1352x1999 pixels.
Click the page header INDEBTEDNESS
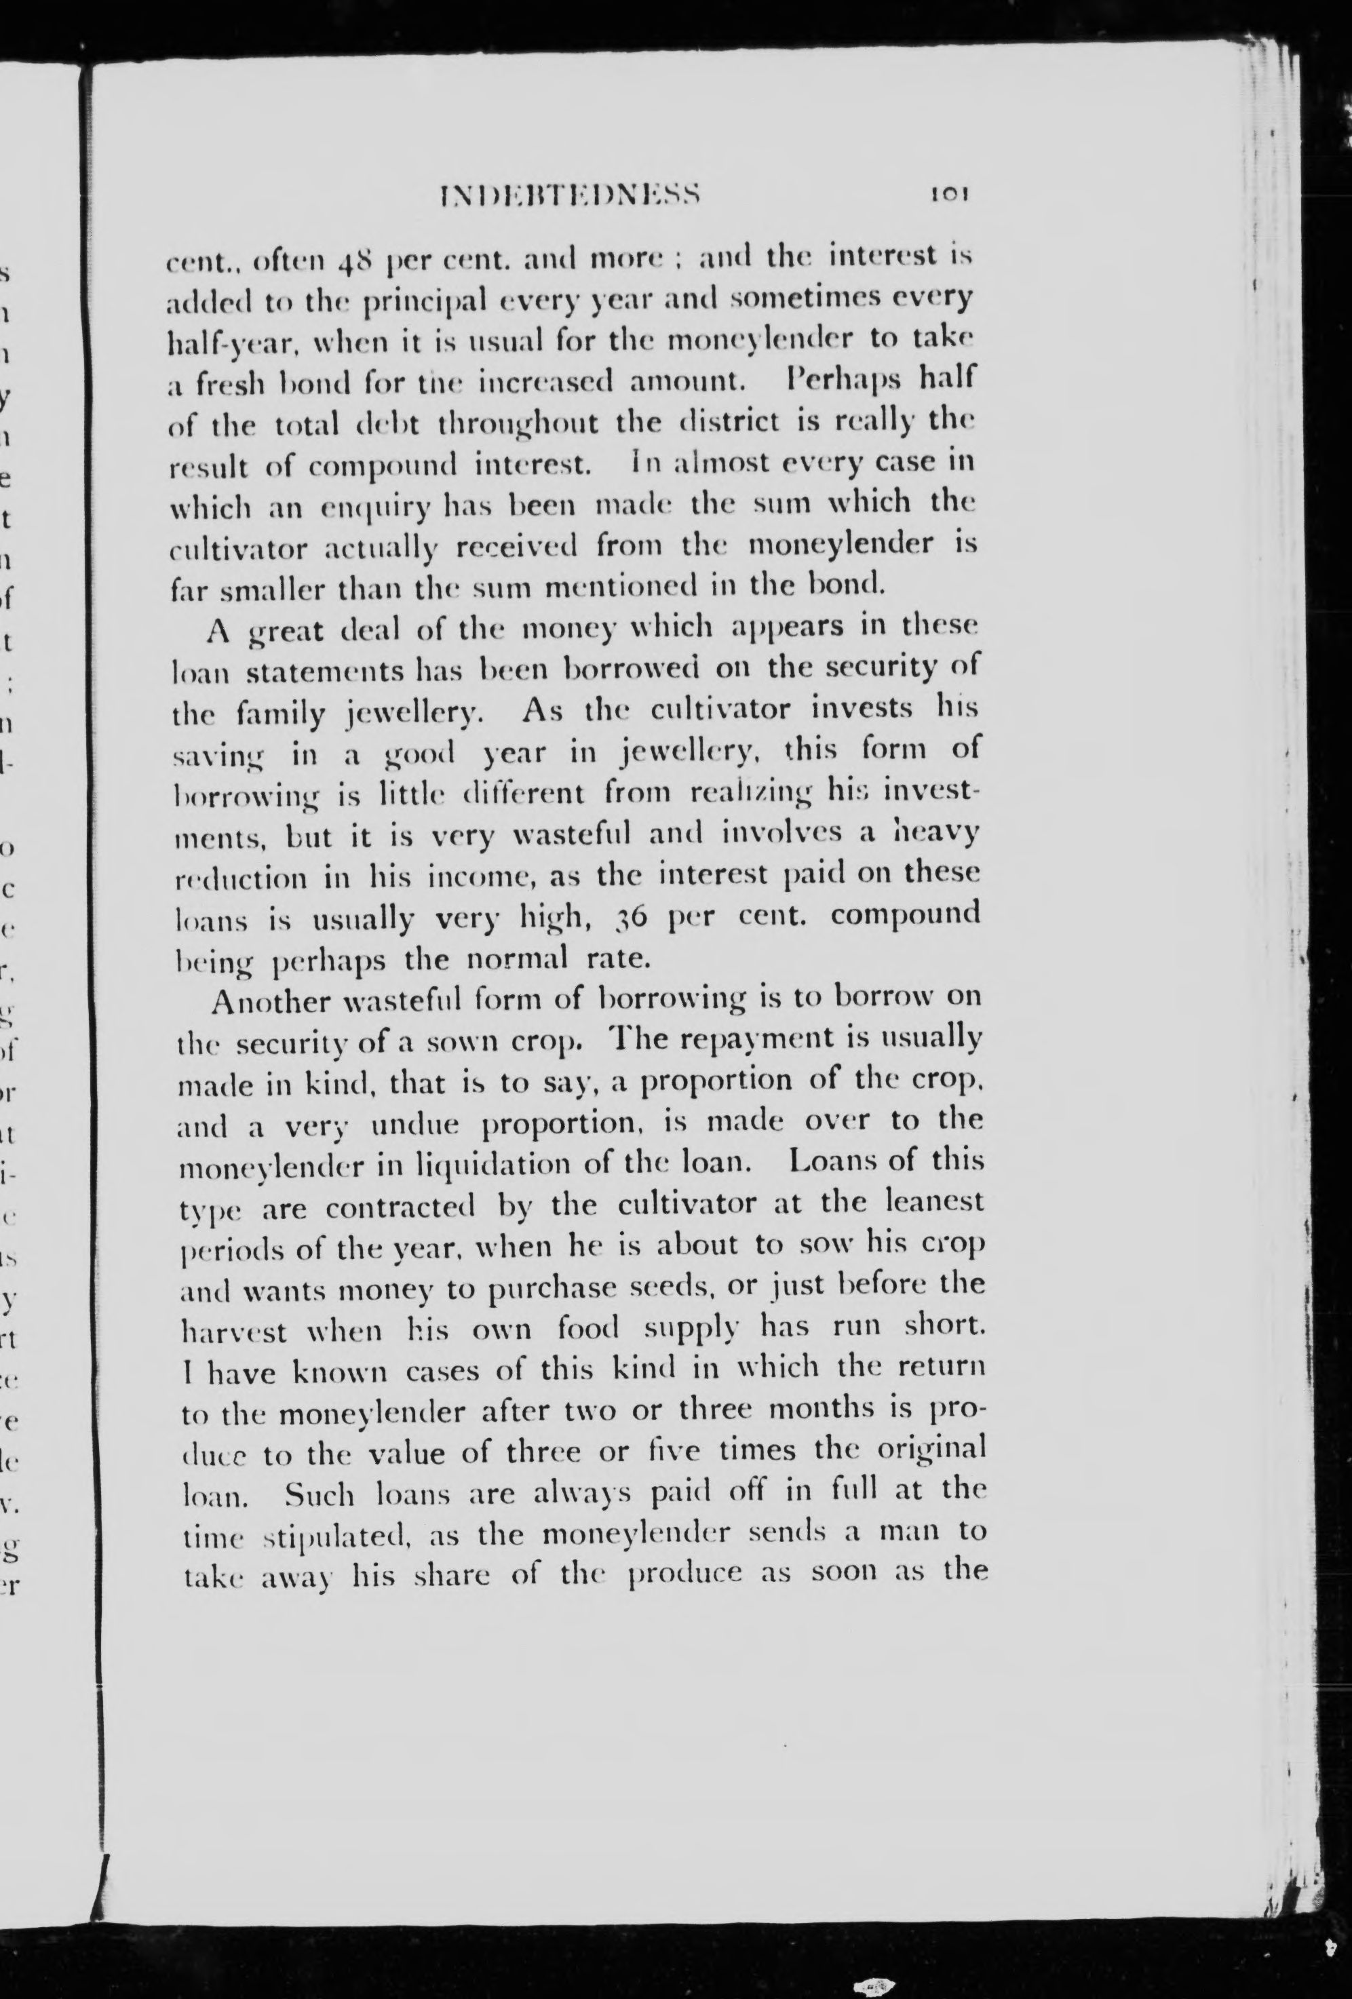[571, 193]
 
